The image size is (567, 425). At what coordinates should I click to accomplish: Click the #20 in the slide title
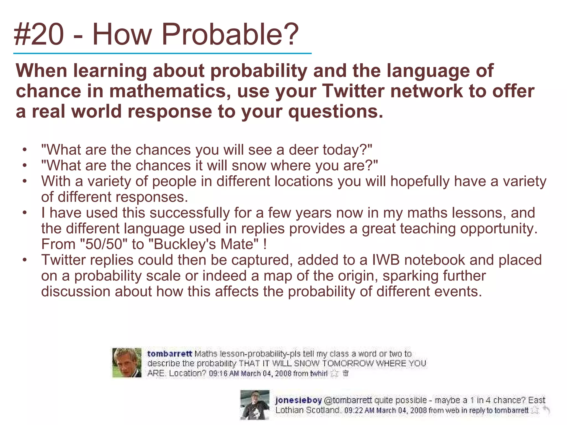pos(39,35)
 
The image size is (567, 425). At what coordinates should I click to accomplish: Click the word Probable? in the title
pos(230,35)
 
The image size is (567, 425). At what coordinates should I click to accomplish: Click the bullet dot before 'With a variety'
pos(25,182)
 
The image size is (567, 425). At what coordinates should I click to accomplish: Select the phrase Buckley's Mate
pos(203,244)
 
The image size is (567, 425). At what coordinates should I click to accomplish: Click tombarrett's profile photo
pos(127,363)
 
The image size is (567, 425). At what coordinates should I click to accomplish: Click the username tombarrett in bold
pos(169,354)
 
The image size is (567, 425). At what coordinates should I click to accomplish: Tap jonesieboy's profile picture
pos(255,405)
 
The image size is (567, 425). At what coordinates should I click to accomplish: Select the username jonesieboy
pos(298,400)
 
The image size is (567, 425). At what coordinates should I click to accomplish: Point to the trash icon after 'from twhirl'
pos(345,373)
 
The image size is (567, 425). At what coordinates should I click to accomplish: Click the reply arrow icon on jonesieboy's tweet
pos(546,410)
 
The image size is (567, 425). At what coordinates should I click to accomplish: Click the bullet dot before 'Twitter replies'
pos(25,260)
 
